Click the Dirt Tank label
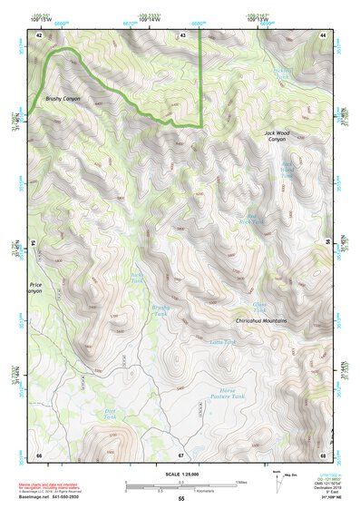(104, 416)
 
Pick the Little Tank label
(222, 342)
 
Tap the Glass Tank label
(260, 308)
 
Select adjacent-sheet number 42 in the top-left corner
(39, 34)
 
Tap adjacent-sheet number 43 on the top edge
(182, 34)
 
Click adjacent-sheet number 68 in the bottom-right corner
(323, 454)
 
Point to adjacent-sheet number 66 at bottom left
(39, 454)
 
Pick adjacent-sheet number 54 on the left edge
(34, 244)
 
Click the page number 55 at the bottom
(180, 499)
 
